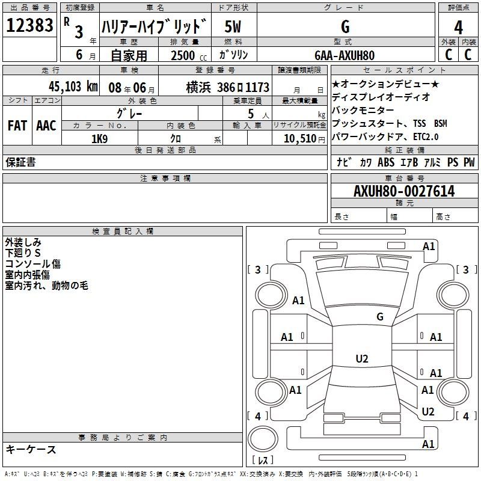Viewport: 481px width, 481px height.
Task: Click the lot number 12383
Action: pos(29,25)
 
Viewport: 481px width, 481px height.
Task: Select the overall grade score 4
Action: pos(458,27)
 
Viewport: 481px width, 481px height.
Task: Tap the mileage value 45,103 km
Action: pos(73,87)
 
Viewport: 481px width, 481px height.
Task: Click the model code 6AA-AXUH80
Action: pos(345,55)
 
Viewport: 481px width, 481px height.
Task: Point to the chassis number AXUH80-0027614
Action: pos(404,191)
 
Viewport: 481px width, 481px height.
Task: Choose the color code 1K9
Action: pos(99,139)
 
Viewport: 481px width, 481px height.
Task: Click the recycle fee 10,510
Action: pos(300,139)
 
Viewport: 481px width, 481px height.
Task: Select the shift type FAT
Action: pos(17,126)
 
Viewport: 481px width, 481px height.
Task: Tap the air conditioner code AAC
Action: pos(46,126)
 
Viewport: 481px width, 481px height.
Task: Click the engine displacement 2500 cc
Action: pos(189,55)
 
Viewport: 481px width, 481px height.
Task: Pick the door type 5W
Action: pos(233,26)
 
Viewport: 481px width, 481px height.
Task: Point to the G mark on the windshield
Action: pos(380,316)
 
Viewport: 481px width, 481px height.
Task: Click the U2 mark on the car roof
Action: pos(362,358)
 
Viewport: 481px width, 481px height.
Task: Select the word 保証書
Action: pos(20,162)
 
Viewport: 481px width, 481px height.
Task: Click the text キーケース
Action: pos(31,449)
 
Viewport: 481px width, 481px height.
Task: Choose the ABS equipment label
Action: pos(386,162)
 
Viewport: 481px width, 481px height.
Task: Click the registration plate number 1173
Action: pos(257,87)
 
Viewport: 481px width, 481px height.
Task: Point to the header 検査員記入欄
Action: pos(123,231)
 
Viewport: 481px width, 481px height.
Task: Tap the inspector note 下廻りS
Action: pos(23,253)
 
